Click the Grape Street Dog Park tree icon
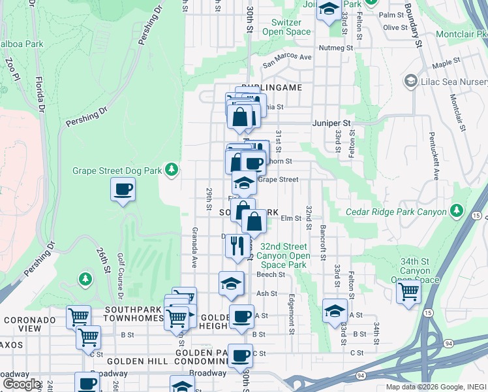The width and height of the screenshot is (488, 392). [x=172, y=170]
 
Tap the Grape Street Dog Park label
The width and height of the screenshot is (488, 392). [x=117, y=171]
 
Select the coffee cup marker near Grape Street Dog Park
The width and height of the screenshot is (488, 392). [x=123, y=190]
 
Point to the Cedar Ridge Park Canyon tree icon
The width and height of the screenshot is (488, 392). [x=457, y=211]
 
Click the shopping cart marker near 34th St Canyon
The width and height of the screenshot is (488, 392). [x=408, y=290]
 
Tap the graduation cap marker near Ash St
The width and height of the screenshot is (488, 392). [x=230, y=283]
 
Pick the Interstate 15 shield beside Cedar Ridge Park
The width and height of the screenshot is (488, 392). [x=478, y=215]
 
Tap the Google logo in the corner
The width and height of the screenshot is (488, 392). [x=22, y=384]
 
